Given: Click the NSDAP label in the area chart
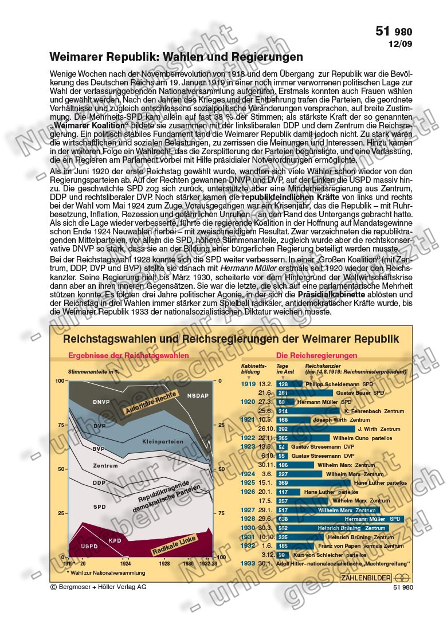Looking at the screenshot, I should click(x=198, y=395).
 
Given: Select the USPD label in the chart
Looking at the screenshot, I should click(x=89, y=547).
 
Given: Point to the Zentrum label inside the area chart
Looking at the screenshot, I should click(x=105, y=465).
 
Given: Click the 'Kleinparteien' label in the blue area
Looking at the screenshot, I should click(x=163, y=442).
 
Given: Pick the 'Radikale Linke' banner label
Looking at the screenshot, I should click(x=174, y=545).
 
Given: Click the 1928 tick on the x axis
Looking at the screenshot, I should click(x=164, y=564).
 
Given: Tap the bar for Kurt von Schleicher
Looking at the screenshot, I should click(x=281, y=555).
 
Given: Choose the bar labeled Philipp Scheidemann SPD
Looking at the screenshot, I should click(x=287, y=384).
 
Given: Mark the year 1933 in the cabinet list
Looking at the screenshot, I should click(x=248, y=564).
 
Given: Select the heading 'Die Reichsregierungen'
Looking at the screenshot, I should click(x=316, y=355).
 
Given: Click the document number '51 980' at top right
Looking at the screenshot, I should click(x=393, y=32).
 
